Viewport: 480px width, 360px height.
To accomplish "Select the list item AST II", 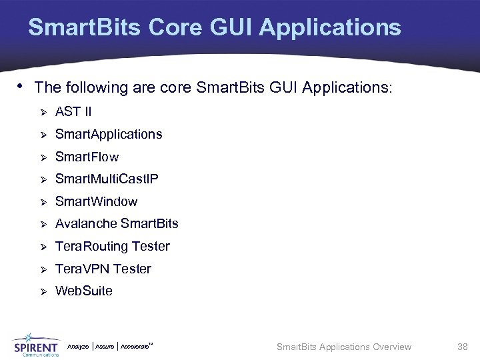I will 73,111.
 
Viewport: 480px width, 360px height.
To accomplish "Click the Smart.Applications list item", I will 108,135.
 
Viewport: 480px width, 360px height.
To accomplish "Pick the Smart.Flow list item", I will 87,157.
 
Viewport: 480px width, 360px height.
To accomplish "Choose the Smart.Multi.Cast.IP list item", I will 107,179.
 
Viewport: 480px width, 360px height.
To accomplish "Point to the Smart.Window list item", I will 96,201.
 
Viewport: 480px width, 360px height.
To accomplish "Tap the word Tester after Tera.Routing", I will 151,247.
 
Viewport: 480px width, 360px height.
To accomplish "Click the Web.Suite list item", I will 83,291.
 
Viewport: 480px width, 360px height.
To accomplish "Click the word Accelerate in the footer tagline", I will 135,347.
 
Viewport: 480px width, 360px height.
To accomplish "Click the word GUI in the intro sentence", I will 283,87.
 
